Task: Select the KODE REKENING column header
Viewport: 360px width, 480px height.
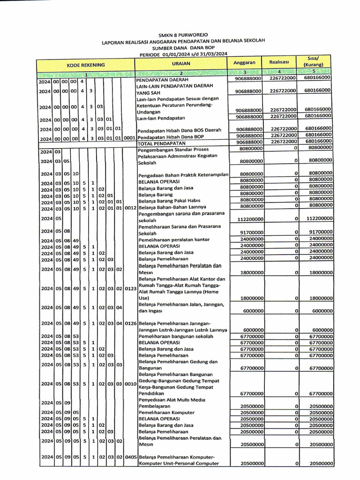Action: (x=85, y=65)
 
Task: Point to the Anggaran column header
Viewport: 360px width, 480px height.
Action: (x=244, y=62)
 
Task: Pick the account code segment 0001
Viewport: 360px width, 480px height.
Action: (x=130, y=138)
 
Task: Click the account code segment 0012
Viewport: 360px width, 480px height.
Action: (x=130, y=207)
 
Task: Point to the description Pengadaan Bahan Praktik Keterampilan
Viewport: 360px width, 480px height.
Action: (x=183, y=175)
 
